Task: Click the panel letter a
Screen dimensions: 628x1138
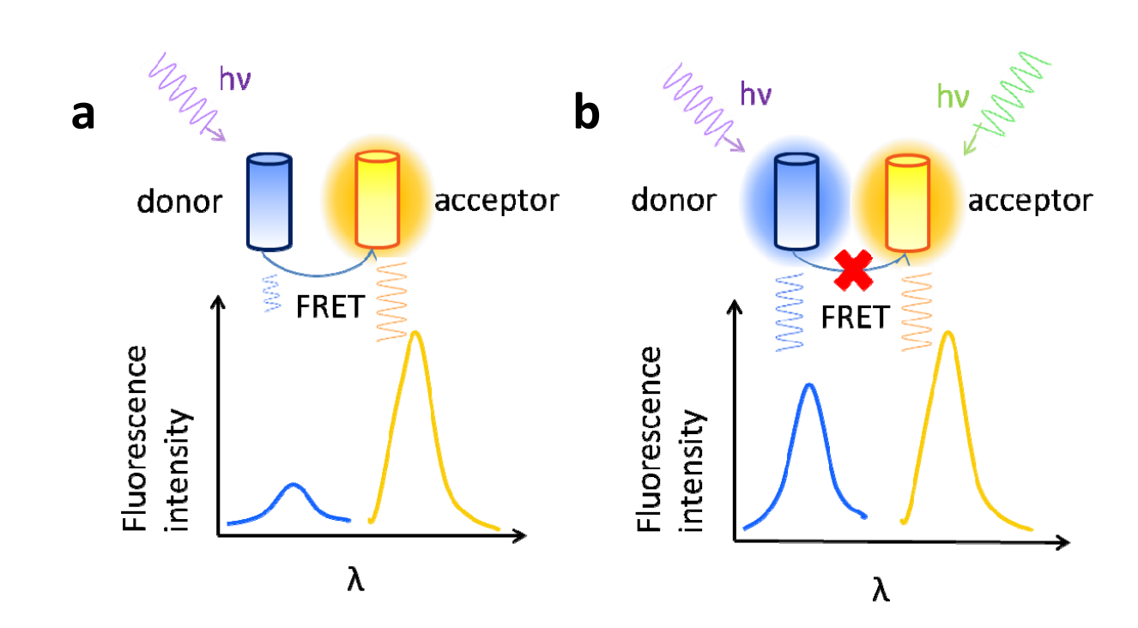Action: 83,115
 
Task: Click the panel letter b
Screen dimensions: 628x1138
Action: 587,115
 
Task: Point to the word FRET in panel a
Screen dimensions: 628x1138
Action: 329,306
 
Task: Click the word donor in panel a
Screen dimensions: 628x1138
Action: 179,202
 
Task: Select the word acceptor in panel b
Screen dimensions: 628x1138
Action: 1030,202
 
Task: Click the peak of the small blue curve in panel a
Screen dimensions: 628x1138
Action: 294,485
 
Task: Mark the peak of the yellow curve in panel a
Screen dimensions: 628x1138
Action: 416,333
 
